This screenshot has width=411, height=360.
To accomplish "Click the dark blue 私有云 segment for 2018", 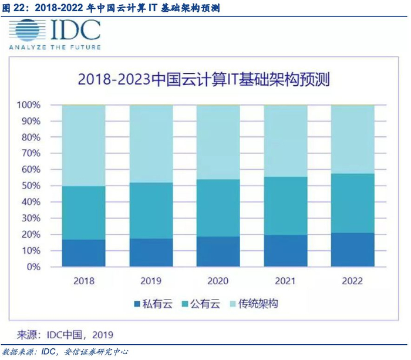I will point(83,253).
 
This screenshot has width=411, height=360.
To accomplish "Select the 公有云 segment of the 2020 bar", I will point(218,208).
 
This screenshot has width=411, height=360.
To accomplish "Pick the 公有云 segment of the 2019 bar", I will point(151,210).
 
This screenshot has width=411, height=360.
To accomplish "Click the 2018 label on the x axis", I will point(83,280).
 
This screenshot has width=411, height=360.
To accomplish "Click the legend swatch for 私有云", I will point(137,304).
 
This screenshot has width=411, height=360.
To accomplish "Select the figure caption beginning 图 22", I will point(112,7).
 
